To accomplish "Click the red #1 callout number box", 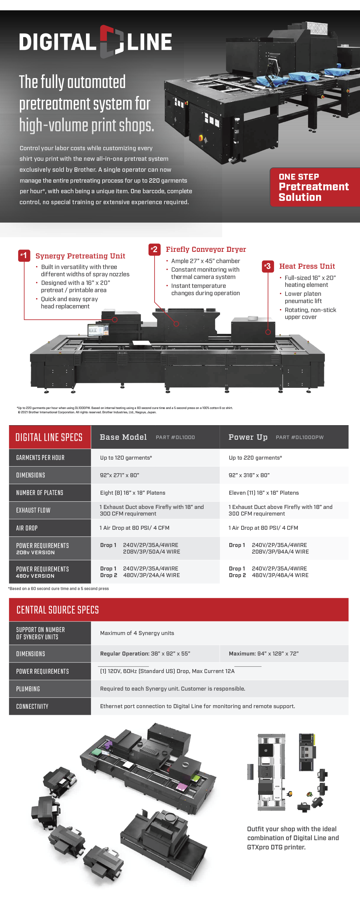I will point(24,255).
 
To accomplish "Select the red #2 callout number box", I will point(155,249).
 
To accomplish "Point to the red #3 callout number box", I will point(268,266).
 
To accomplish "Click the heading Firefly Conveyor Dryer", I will point(206,249).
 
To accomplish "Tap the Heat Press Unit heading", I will point(307,266).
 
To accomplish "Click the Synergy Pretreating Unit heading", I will point(80,256).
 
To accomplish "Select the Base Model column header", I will point(123,437).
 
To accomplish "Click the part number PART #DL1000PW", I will point(299,437).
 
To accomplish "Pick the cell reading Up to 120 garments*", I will point(126,458).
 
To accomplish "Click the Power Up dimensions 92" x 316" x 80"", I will point(249,475).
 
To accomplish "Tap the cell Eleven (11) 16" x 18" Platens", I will point(263,493).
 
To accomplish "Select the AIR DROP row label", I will point(27,528).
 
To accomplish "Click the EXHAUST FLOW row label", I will point(33,510).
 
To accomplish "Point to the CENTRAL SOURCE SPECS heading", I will point(58,610).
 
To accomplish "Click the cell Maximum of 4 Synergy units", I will point(137,633).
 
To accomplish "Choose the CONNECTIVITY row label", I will point(32,706).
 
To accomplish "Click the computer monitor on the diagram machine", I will point(98,330).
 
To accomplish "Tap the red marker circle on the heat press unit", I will point(268,332).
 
